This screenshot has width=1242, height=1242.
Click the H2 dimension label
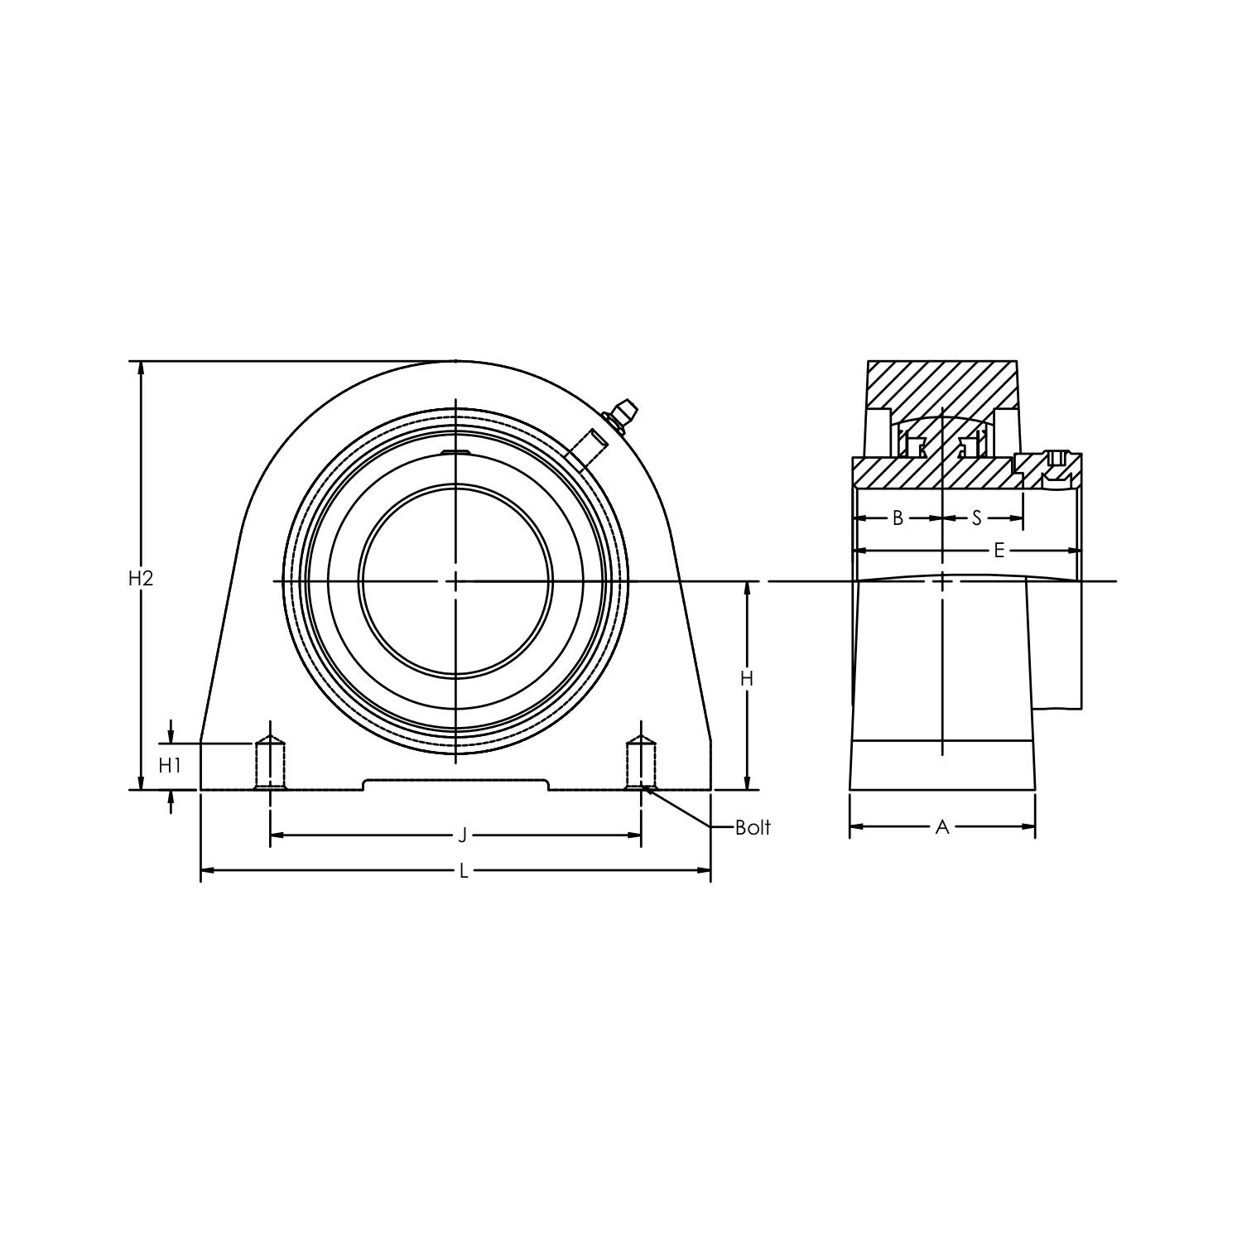coord(141,579)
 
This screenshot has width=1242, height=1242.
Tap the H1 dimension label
coord(170,766)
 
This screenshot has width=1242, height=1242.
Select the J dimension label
coord(463,835)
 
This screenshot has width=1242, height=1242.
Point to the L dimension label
coord(464,870)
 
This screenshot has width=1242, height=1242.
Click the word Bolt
coord(753,827)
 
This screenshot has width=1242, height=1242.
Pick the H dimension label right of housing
coord(747,679)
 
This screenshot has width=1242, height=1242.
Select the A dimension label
coord(941,826)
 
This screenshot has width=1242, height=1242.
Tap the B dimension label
coord(898,518)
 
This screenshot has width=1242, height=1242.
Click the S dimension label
coord(976,518)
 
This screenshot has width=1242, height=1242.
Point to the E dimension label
coord(999,551)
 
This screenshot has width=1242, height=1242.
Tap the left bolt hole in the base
coord(270,762)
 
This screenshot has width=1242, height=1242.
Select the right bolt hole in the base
coord(640,762)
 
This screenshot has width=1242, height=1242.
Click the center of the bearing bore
coord(455,581)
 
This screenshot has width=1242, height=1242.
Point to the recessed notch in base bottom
coord(455,783)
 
